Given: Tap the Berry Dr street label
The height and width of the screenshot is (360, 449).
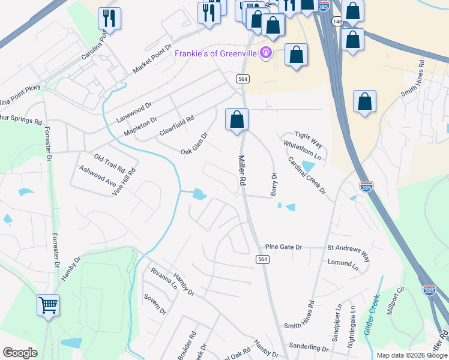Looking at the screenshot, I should click(274, 185).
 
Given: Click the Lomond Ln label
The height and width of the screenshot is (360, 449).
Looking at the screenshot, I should click(343, 263).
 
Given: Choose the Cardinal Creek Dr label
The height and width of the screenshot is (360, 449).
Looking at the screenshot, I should click(306, 175).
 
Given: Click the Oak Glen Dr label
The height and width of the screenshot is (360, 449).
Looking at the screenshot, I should click(194, 144).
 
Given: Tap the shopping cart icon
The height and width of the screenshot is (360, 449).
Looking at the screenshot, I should click(48, 304).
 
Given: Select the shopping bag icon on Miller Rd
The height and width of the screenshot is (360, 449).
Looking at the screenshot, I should click(237, 119).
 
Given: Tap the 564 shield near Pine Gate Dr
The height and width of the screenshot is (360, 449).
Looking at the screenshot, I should click(262, 259).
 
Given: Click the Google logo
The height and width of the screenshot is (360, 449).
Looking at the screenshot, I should click(20, 353).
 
